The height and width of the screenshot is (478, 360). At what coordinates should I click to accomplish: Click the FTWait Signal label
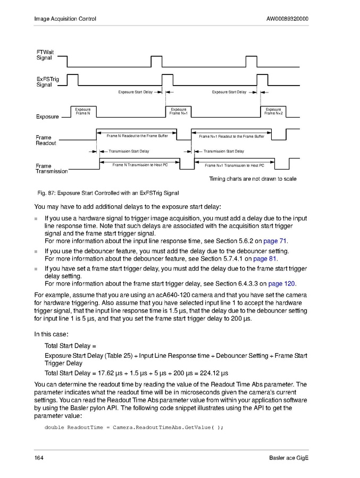tap(45, 55)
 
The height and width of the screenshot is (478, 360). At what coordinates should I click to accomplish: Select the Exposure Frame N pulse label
tap(83, 111)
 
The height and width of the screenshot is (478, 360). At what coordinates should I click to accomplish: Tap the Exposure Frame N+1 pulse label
tap(178, 111)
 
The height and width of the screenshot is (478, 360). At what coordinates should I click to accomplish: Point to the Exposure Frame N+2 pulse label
tap(273, 111)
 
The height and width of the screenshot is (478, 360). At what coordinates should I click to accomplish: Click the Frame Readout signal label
tap(46, 140)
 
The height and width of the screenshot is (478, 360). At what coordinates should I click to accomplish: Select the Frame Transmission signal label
tap(51, 169)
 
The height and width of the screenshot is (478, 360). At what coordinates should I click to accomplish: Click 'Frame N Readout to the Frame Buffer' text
tap(137, 136)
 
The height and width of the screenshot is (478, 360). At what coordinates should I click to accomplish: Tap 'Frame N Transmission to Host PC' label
tap(140, 165)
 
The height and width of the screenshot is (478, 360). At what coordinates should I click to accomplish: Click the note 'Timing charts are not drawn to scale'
tap(253, 179)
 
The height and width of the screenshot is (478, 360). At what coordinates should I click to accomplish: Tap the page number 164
tap(39, 458)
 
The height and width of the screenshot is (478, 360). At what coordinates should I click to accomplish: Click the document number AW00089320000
tap(287, 19)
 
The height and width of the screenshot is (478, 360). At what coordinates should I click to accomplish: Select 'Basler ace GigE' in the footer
tap(289, 458)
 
